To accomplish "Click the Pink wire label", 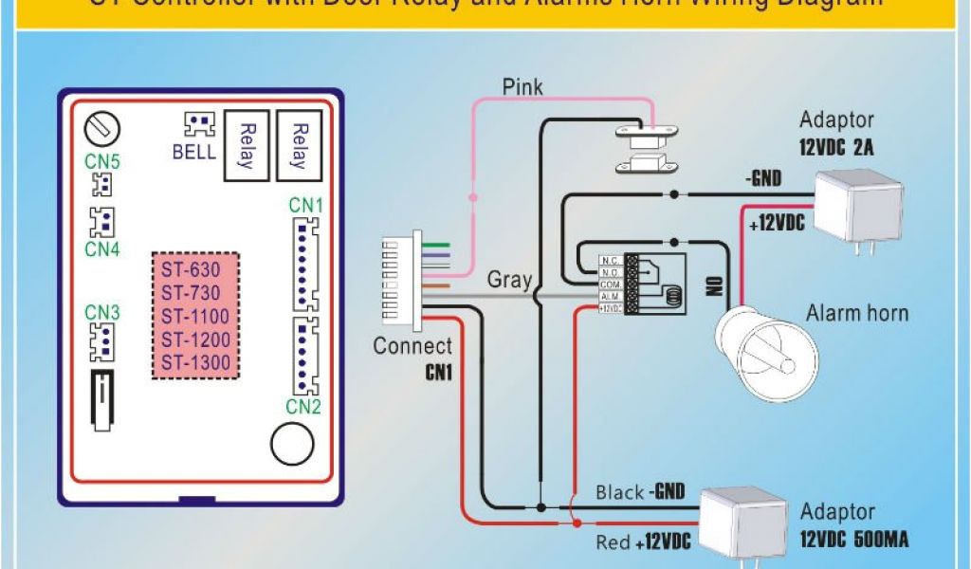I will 522,87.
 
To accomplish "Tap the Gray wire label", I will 509,280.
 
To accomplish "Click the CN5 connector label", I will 102,161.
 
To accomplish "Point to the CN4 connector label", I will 102,249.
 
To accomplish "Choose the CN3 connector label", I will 102,312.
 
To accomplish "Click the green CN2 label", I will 303,406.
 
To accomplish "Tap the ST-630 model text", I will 191,269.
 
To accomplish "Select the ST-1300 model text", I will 195,363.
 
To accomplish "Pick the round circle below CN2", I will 292,442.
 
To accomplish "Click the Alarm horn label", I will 856,313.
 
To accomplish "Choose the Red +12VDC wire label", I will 641,542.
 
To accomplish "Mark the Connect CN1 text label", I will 412,358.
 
